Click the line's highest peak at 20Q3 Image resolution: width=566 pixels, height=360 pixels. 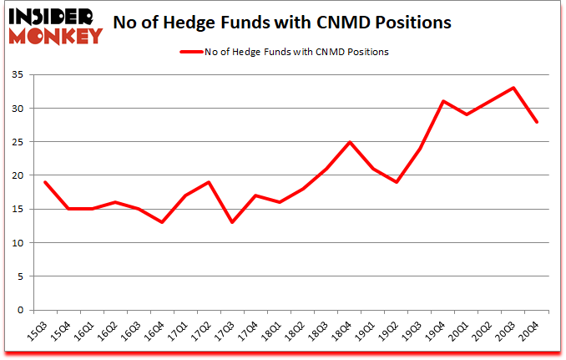tap(513, 88)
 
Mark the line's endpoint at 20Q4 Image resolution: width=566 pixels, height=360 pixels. tap(537, 122)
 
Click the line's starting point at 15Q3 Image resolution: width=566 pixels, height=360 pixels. tap(45, 182)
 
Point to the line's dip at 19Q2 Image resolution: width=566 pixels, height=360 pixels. tap(397, 182)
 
